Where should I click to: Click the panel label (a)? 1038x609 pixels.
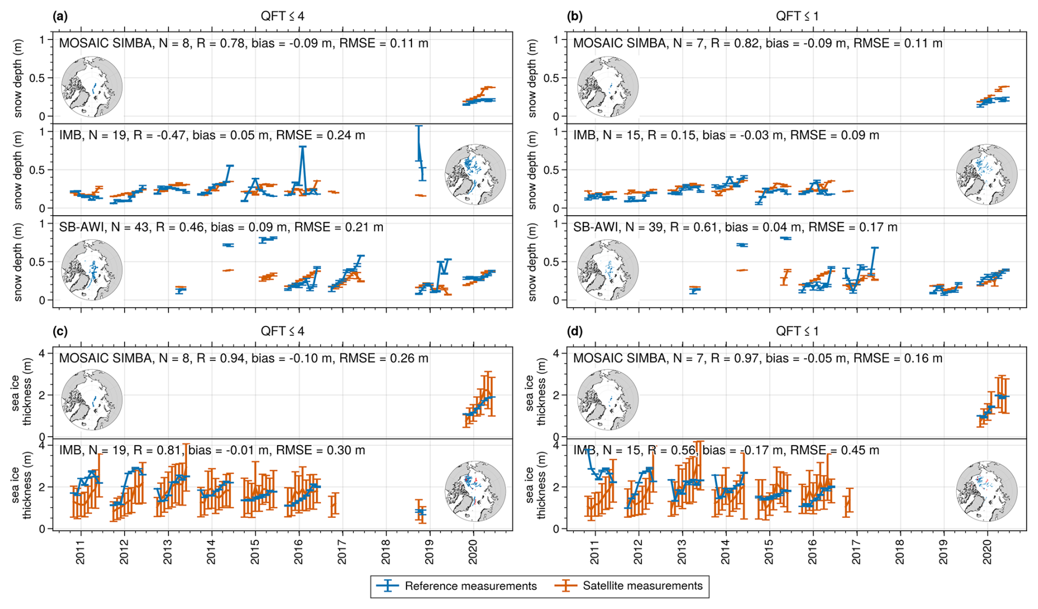pos(60,16)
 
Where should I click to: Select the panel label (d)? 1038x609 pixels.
pos(574,331)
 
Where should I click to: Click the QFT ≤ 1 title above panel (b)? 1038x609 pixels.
pos(797,16)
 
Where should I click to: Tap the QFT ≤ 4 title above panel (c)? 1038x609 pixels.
pos(282,331)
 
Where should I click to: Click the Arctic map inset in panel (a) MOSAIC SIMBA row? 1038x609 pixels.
pos(92,87)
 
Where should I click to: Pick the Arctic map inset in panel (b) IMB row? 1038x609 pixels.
pos(986,174)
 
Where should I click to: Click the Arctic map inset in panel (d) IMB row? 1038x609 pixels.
pos(986,491)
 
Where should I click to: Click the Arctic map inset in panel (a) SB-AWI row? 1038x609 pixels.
pos(92,270)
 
